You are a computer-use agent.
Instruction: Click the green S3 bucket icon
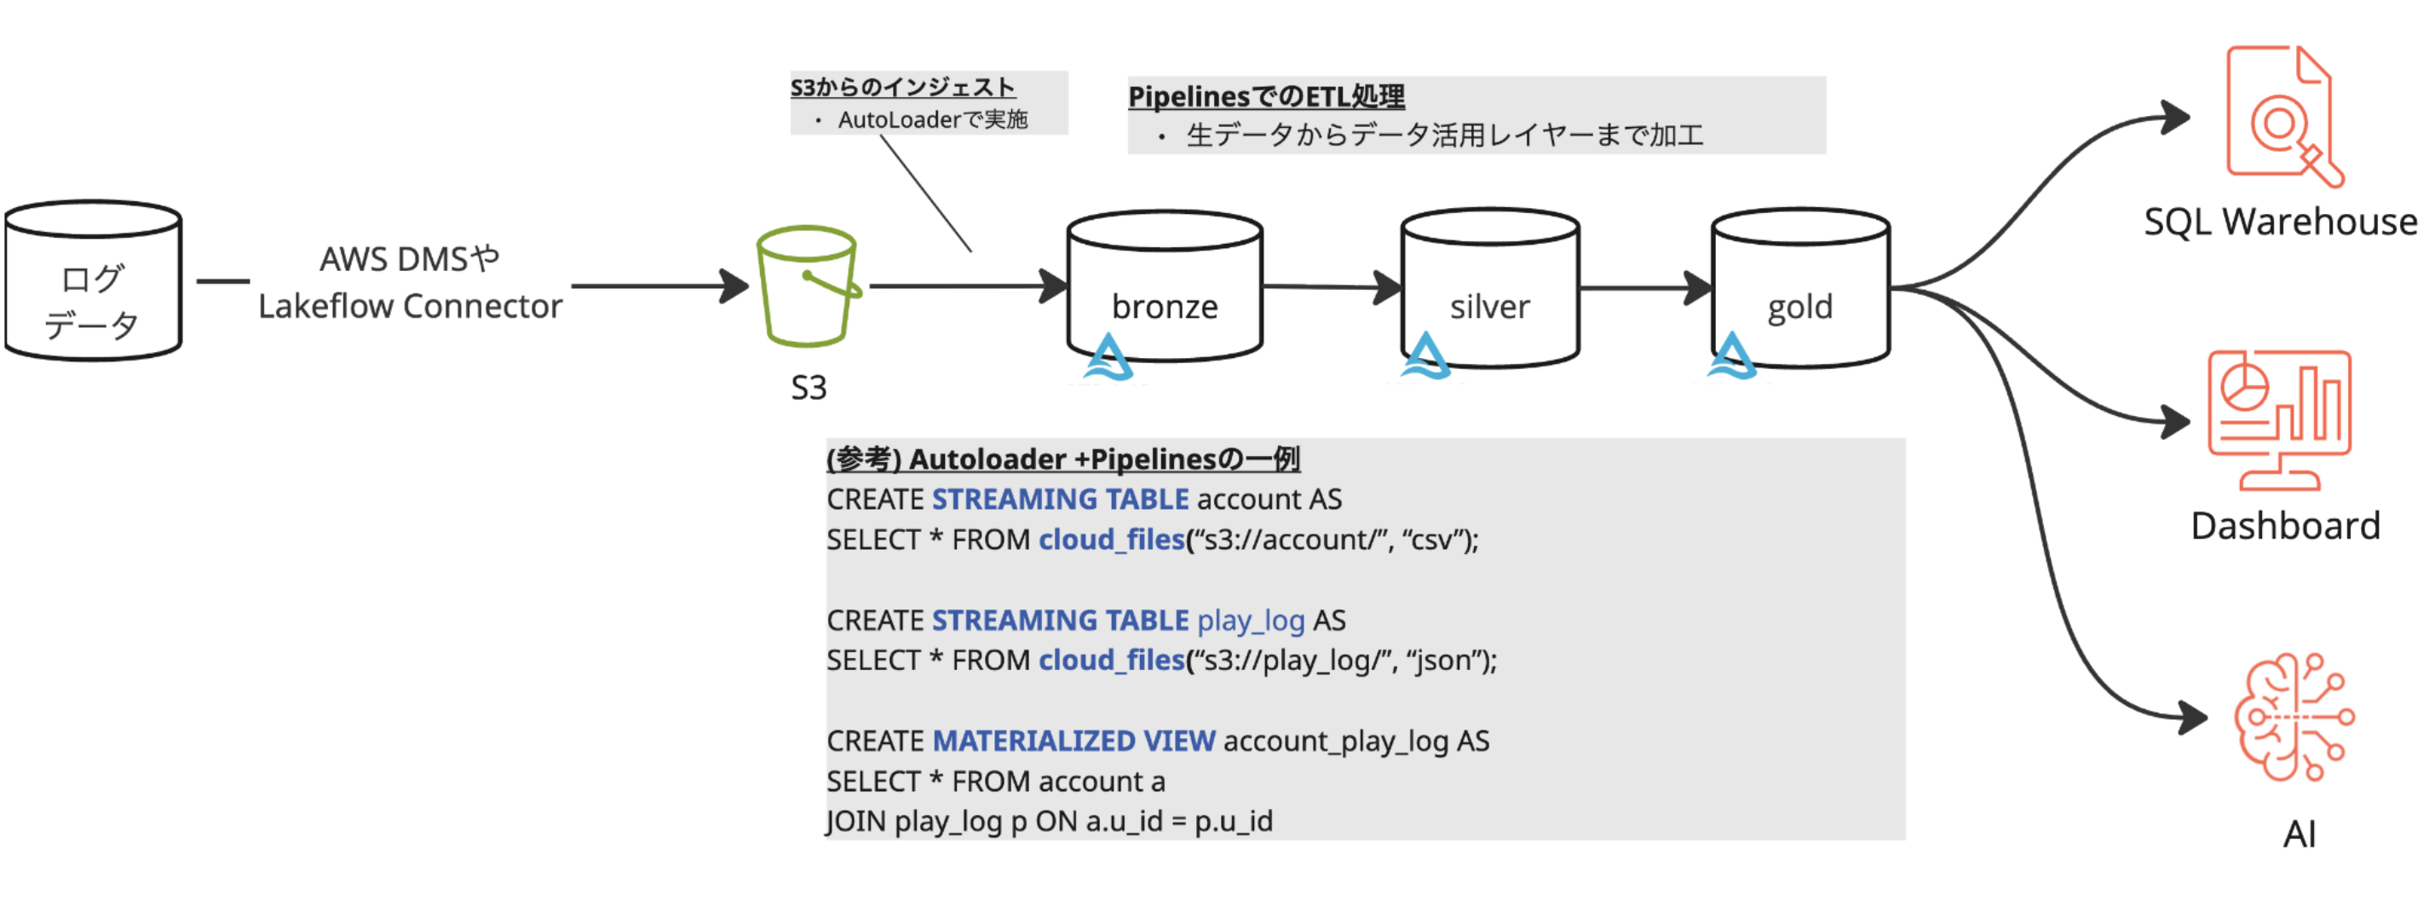tap(807, 286)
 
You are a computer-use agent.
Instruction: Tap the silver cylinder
tap(1490, 287)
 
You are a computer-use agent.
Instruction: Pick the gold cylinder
tap(1799, 287)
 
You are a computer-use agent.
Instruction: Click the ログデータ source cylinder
tap(93, 281)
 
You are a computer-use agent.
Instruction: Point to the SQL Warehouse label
tap(2280, 222)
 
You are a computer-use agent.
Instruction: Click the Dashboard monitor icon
tap(2278, 420)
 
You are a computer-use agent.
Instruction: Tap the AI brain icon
tap(2294, 717)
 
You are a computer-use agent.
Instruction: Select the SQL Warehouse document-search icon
tap(2282, 115)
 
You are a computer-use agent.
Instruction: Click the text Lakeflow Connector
tap(411, 306)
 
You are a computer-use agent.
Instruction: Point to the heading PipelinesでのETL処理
tap(1266, 96)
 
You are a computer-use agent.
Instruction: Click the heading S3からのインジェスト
tap(903, 87)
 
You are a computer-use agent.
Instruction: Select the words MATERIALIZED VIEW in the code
tap(1074, 741)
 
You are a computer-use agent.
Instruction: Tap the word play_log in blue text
tap(1251, 621)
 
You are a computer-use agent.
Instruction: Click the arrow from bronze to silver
tap(1331, 286)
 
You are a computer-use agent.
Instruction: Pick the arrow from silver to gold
tap(1644, 287)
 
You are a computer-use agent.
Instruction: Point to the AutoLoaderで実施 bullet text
tap(932, 120)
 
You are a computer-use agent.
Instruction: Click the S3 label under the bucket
tap(809, 388)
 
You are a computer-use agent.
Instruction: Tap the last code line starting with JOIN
tap(1050, 821)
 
